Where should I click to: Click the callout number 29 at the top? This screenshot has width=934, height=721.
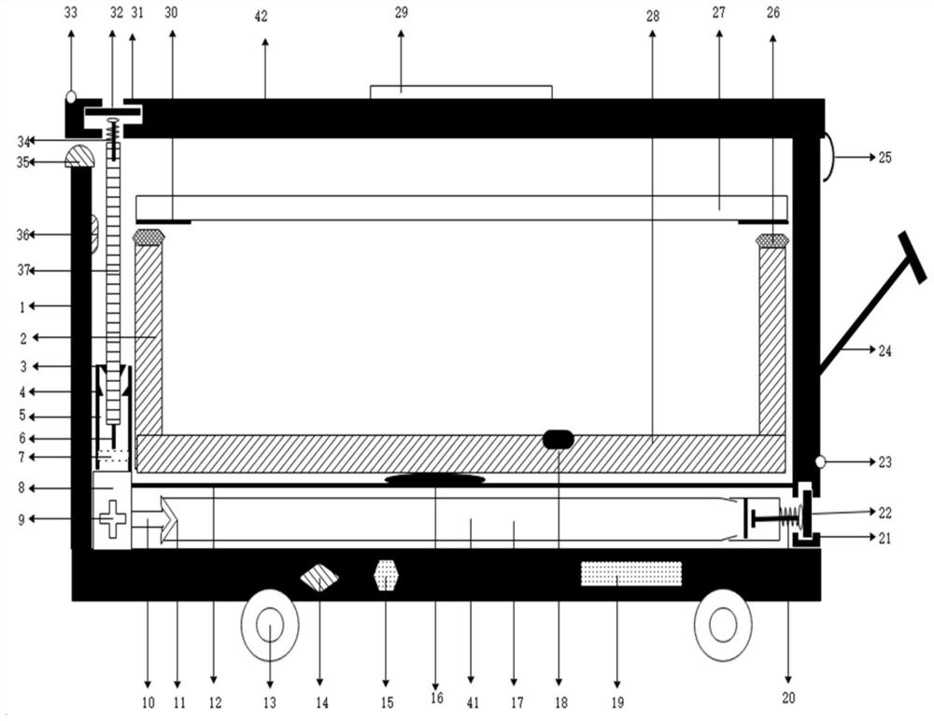tap(402, 12)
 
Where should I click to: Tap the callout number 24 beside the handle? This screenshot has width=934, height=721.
tap(884, 351)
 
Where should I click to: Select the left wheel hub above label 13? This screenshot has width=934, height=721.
tap(270, 625)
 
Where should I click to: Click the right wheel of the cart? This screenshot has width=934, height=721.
tap(723, 625)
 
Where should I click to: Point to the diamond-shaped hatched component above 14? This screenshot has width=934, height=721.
tap(319, 577)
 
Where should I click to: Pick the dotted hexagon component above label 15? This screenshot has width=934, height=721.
tap(386, 575)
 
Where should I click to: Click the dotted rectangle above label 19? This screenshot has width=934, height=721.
tap(631, 573)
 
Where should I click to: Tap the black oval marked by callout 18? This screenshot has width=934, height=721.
tap(559, 440)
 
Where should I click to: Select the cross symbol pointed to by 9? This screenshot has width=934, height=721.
tap(113, 519)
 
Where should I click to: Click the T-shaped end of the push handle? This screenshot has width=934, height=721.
tap(913, 257)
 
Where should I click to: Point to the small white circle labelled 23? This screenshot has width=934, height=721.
tap(820, 461)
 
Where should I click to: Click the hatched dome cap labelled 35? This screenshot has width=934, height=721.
tap(79, 156)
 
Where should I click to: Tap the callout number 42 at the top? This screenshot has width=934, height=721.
tap(261, 17)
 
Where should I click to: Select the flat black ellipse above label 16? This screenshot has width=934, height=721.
tap(435, 479)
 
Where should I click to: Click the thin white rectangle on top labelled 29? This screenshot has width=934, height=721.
tap(461, 92)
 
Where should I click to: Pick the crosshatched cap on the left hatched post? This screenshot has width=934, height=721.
tap(149, 236)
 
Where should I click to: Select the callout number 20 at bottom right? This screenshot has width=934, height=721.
tap(788, 697)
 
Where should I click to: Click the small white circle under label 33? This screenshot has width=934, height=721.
tap(71, 96)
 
